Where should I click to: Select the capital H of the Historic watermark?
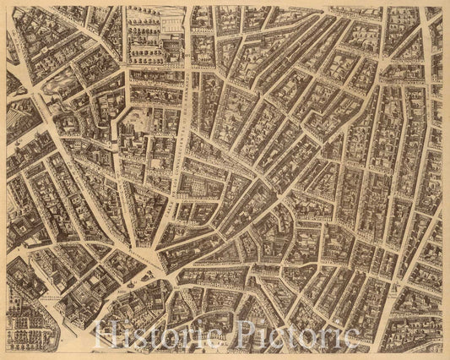point(106,336)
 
